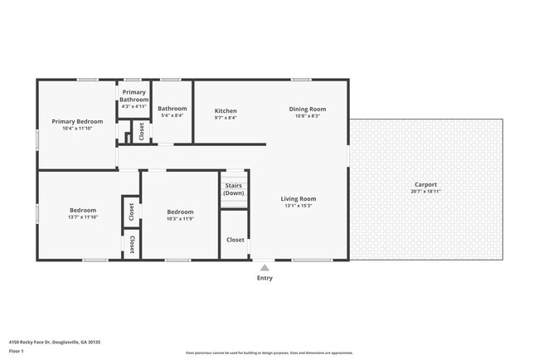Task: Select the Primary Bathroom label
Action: (x=134, y=96)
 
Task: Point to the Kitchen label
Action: (x=226, y=110)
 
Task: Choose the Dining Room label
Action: (x=307, y=109)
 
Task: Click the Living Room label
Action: (x=298, y=198)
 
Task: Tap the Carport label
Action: (x=425, y=184)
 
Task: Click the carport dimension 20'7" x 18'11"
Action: (x=425, y=192)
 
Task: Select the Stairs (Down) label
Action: (x=234, y=189)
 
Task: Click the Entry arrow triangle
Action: (x=265, y=267)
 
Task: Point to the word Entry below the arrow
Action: (x=265, y=278)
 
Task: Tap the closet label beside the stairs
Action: (x=235, y=240)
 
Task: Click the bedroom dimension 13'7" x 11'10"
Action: (x=83, y=217)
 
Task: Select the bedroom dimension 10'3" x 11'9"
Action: (x=180, y=218)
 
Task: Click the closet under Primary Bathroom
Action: (x=142, y=131)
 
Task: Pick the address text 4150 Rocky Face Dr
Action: (x=41, y=340)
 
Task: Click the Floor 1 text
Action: (x=17, y=351)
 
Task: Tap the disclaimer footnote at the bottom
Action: (x=269, y=353)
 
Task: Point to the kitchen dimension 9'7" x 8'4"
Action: (x=226, y=118)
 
